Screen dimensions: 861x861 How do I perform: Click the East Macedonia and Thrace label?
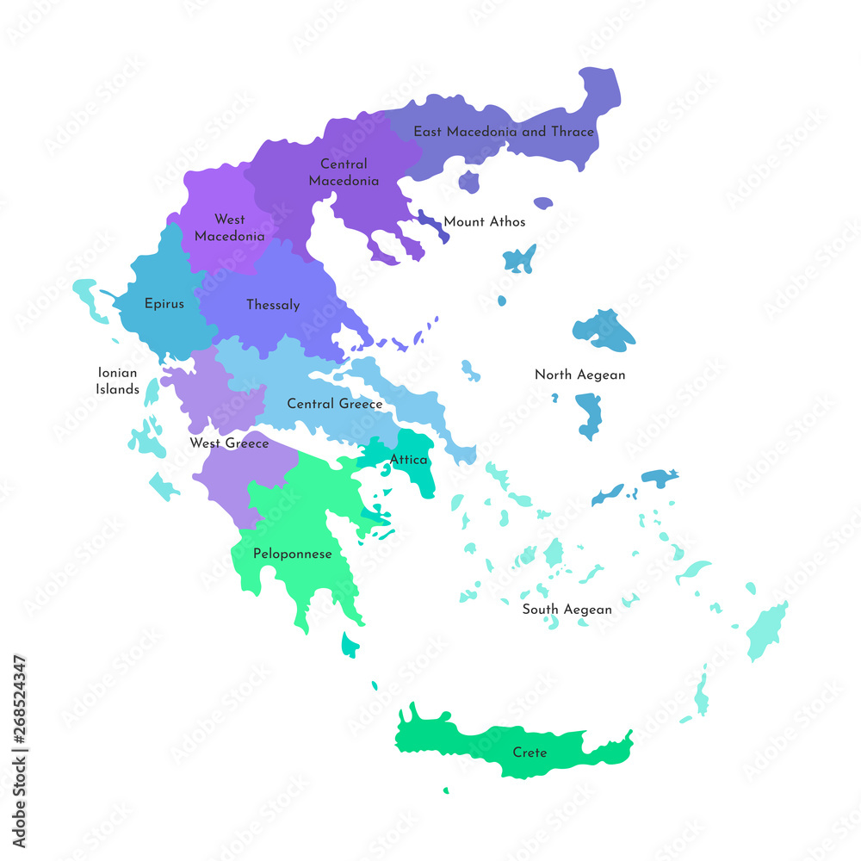click(x=504, y=132)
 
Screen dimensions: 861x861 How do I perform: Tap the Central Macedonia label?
click(x=344, y=172)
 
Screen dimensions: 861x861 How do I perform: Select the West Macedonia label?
click(x=229, y=227)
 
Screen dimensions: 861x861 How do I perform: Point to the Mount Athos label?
click(x=484, y=222)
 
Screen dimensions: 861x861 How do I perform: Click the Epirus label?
click(x=164, y=304)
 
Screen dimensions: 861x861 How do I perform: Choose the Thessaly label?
click(x=273, y=305)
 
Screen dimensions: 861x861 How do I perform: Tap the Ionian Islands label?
click(x=118, y=381)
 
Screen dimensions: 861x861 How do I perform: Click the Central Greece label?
click(x=335, y=404)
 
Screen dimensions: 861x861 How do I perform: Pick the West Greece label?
click(x=229, y=443)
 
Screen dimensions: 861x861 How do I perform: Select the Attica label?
click(x=408, y=460)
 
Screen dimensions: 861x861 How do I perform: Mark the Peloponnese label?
click(x=292, y=554)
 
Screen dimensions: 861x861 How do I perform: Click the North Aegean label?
click(x=579, y=375)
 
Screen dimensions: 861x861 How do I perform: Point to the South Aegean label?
click(x=567, y=610)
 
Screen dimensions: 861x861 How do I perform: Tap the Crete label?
click(x=530, y=753)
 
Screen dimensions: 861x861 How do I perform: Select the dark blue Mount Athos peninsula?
click(x=430, y=221)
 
